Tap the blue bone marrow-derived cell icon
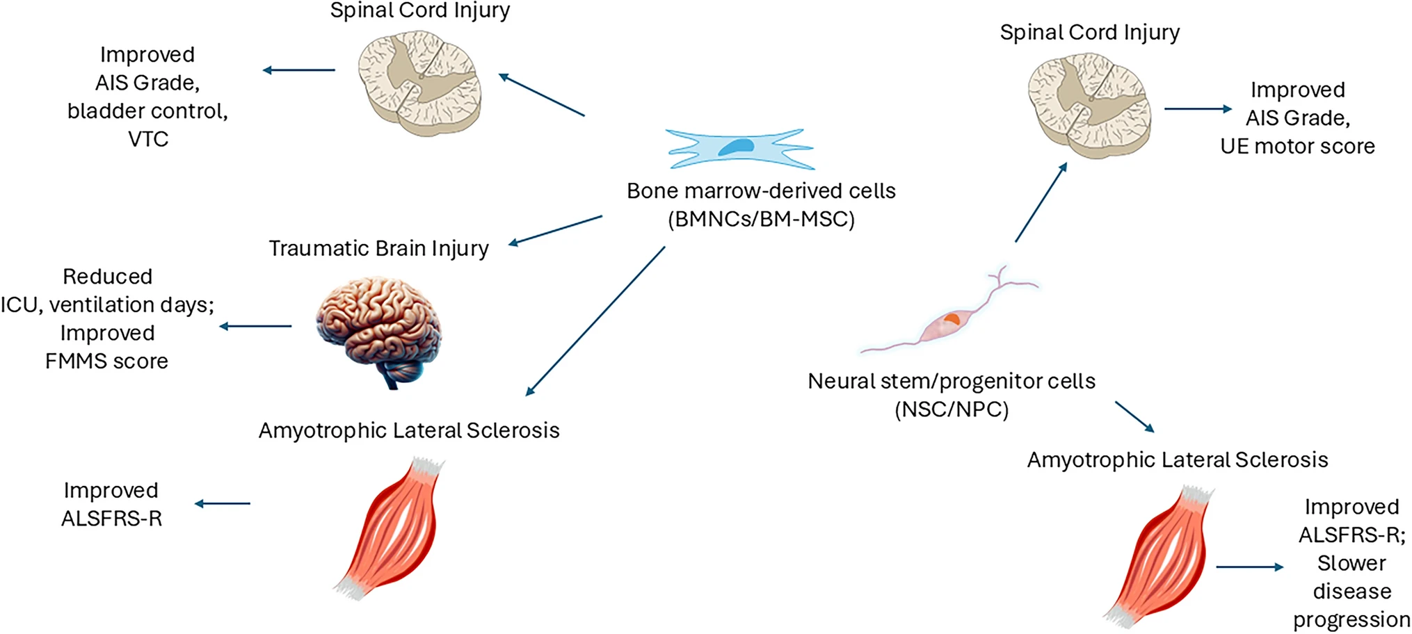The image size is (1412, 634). coord(739,149)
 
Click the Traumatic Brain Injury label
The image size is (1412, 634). coord(379,248)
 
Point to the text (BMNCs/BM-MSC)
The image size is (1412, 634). coord(761,220)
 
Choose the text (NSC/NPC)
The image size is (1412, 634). coord(952,409)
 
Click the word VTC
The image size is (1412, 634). coord(148,139)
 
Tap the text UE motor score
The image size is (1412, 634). coord(1297,146)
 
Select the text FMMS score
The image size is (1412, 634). coord(106,361)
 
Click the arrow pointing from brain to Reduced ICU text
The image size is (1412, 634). coord(255,326)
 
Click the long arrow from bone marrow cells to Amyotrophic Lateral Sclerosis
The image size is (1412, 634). coord(595,321)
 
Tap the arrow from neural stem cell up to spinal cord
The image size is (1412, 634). coord(1041,202)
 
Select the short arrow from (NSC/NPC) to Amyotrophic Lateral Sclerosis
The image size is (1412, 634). coord(1134,416)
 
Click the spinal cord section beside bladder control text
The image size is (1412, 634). coord(420,82)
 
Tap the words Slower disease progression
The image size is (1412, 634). coord(1351,591)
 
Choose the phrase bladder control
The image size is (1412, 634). coord(147,111)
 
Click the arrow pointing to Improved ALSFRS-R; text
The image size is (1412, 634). coord(1249,567)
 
